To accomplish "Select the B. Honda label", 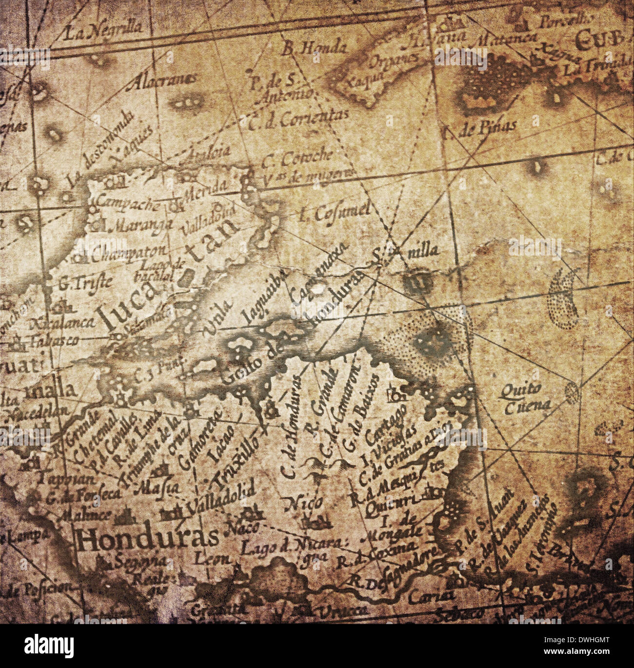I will point(315,47).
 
